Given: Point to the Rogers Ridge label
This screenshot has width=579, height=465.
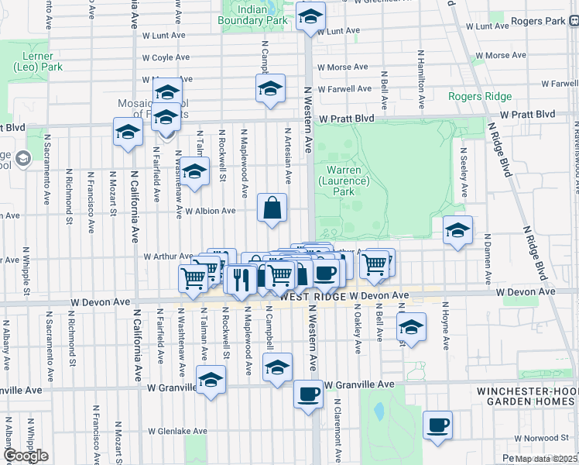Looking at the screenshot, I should point(479,96).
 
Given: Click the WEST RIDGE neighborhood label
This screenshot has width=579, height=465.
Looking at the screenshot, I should point(313,297).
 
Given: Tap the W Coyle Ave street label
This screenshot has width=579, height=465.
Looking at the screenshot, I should point(167,57).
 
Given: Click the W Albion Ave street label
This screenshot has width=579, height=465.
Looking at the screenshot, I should point(209,211).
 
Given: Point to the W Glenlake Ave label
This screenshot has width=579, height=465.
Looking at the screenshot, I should point(178,431).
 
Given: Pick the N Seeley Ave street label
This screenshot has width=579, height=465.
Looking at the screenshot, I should point(463,175).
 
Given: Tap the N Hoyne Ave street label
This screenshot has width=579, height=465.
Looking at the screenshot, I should point(446,329).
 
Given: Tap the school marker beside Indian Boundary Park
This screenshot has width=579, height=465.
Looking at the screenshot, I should point(310,17).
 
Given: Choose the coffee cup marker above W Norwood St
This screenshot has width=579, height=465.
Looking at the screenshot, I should point(437,425).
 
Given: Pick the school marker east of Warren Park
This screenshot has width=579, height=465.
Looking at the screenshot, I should point(457,230).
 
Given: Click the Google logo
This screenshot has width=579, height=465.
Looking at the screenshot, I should point(26,456).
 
